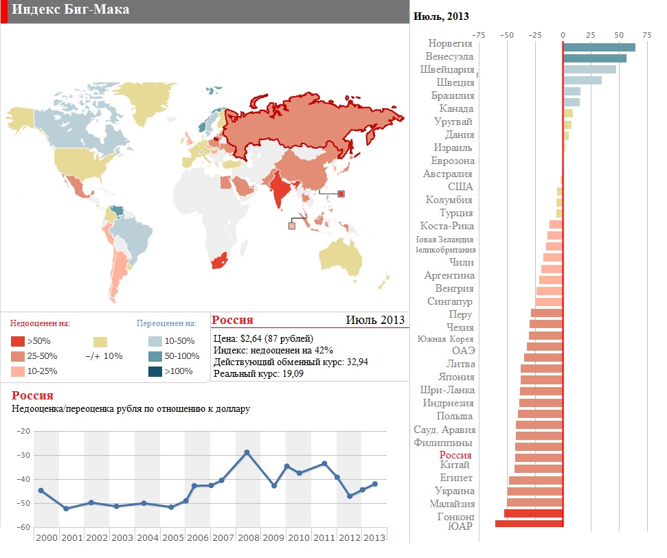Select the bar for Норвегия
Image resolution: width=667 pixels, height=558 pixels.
[x=599, y=47]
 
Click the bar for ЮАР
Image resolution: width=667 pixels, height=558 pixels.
[x=529, y=524]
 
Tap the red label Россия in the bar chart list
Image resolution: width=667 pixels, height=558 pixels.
[x=455, y=455]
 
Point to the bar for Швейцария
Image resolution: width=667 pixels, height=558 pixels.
[x=589, y=69]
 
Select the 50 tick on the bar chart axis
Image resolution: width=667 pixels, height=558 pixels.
[x=619, y=34]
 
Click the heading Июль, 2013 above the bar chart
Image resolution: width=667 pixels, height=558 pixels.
[x=441, y=16]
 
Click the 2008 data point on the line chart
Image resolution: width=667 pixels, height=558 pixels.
[x=247, y=452]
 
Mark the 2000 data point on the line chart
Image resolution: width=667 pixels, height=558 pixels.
[x=41, y=490]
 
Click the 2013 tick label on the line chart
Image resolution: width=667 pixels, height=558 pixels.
[x=374, y=537]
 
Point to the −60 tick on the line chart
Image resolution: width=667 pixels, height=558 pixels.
[x=23, y=527]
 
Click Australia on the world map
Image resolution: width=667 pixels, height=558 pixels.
[x=340, y=257]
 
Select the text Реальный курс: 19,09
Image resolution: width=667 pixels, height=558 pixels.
[x=258, y=374]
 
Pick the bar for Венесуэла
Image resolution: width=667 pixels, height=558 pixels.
[x=595, y=58]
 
